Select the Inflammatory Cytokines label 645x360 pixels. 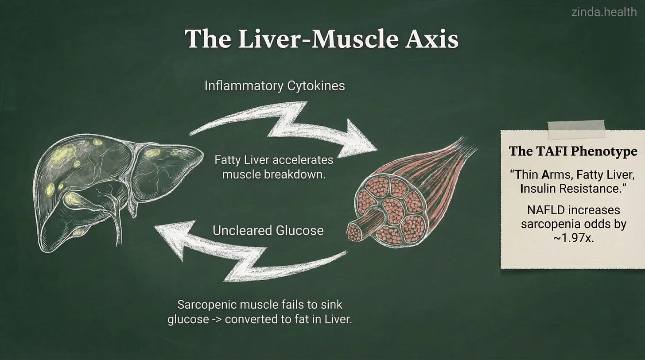point(275,85)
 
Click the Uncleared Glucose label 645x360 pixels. point(268,231)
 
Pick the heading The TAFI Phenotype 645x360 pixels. point(573,152)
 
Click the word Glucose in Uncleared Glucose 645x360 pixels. point(296,231)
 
